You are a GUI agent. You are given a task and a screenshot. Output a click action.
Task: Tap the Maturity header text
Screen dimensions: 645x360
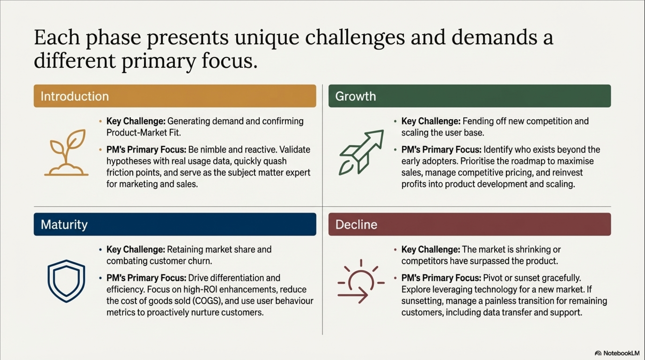(x=64, y=224)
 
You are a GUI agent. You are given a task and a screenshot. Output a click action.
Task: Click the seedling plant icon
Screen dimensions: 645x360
(x=66, y=152)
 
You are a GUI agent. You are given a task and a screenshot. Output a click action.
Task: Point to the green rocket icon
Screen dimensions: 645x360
(x=361, y=152)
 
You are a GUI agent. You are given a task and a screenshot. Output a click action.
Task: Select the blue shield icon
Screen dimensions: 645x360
(x=66, y=281)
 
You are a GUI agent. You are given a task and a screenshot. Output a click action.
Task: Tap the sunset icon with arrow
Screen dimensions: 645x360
(x=361, y=281)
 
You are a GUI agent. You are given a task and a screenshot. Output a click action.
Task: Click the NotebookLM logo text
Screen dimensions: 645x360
(x=621, y=353)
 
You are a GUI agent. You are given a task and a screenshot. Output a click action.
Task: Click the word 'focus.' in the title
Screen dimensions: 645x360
(x=230, y=60)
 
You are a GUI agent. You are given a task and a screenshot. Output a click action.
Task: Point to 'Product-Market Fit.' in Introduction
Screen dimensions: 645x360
(x=144, y=133)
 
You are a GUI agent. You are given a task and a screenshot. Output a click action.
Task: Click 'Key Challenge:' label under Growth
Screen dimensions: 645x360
(x=431, y=121)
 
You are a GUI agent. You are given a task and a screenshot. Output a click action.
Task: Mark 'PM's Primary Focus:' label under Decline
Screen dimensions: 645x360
(x=441, y=278)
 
